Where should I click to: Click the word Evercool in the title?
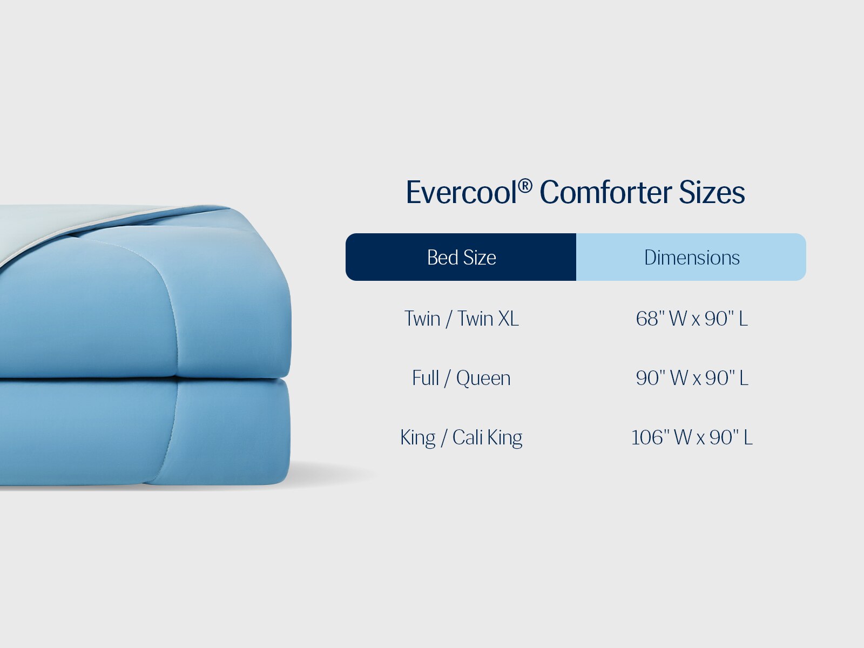pos(461,193)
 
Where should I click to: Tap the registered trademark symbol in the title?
pos(525,186)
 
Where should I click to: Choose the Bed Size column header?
pos(461,258)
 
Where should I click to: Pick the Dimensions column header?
pos(691,258)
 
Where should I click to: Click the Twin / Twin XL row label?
pos(461,319)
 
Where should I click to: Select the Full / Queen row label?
pos(461,378)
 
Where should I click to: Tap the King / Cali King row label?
pos(461,437)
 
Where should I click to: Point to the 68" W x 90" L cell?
pos(692,319)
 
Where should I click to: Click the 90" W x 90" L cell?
pos(692,378)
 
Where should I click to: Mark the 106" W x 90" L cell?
pos(692,437)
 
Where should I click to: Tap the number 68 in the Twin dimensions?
pos(646,319)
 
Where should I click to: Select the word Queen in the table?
pos(483,378)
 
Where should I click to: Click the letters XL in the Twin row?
pos(508,319)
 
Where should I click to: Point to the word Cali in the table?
pos(468,437)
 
